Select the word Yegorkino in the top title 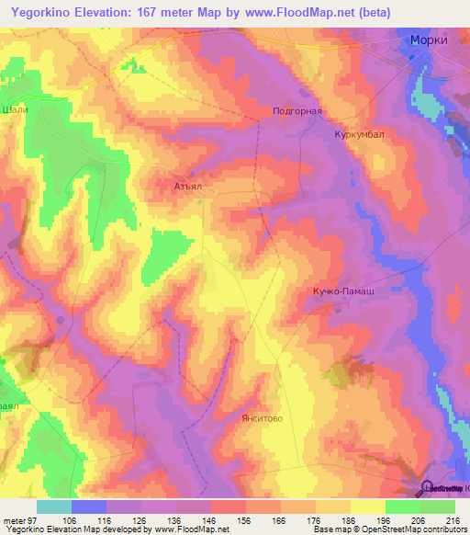(x=41, y=12)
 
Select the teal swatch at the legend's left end (x=53, y=507)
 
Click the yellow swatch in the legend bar (x=367, y=507)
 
